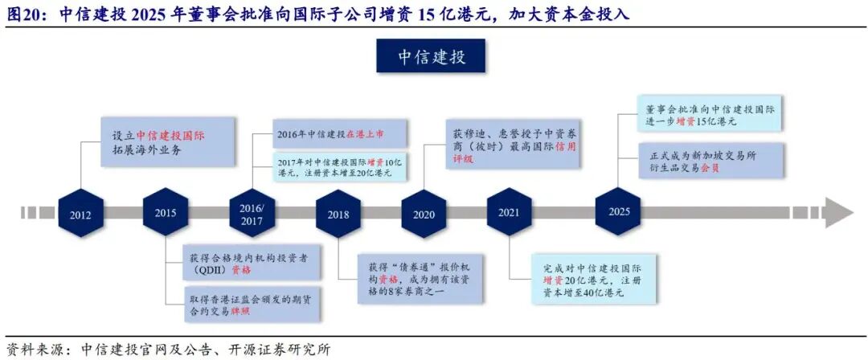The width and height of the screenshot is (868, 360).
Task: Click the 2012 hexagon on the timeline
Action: [x=80, y=214]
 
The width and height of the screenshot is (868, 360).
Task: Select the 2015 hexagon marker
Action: [x=166, y=212]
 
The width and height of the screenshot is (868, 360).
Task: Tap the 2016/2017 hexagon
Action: [x=252, y=212]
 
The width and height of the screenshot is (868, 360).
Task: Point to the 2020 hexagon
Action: [x=424, y=213]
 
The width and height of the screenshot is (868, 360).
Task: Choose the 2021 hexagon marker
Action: [x=509, y=212]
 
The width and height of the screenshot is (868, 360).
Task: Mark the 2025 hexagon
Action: [x=618, y=211]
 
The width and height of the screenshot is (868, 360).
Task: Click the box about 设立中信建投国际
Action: [x=169, y=142]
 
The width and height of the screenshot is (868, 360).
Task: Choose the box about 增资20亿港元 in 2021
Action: [x=593, y=280]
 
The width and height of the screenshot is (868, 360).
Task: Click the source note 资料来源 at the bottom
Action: [x=169, y=350]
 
